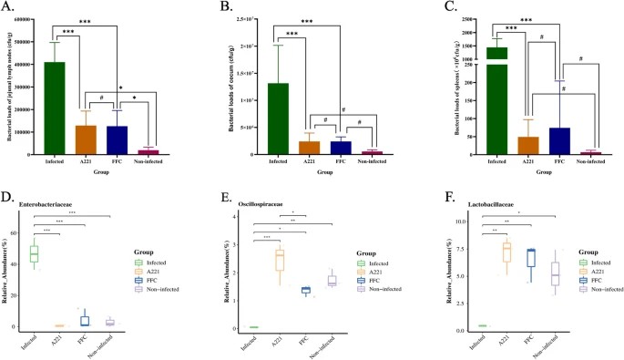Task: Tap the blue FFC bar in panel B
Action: pyautogui.click(x=341, y=148)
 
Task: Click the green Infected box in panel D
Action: pyautogui.click(x=40, y=253)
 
